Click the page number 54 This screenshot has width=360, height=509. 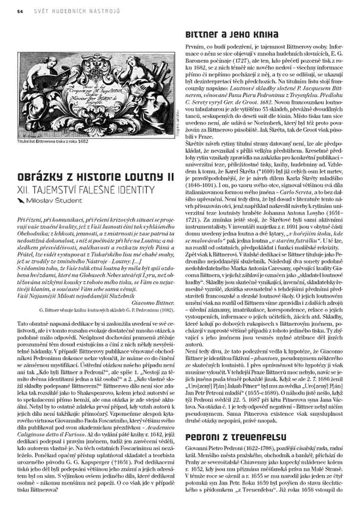pos(20,11)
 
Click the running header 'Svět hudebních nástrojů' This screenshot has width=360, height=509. pos(77,11)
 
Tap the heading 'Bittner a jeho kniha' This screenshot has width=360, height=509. pos(232,35)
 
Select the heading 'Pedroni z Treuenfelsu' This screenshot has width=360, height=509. pos(236,437)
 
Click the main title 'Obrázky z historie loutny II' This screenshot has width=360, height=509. pos(96,177)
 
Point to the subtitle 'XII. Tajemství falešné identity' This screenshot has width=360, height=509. pos(86,190)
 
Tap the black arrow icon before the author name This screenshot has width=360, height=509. pos(21,201)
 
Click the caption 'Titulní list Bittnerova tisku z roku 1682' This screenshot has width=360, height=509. pos(53,141)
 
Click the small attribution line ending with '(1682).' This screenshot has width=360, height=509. pos(107,310)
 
